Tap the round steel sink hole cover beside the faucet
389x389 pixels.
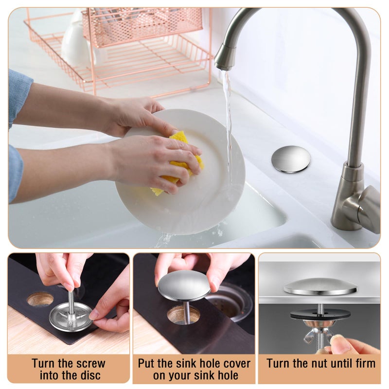(x=291, y=159)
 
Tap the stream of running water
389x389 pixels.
(x=228, y=117)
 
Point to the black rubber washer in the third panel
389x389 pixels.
(x=320, y=314)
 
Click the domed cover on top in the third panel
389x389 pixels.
(x=319, y=287)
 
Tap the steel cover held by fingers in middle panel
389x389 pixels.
(x=184, y=285)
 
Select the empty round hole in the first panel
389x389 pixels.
(x=40, y=299)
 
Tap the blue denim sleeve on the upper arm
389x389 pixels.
(x=19, y=97)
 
